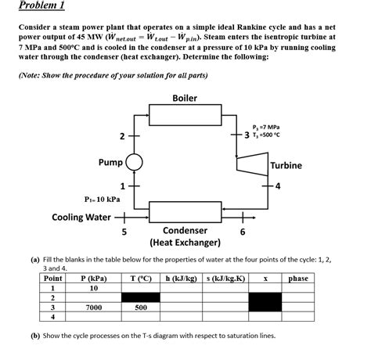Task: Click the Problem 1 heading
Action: click(41, 5)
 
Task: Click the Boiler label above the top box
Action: click(185, 98)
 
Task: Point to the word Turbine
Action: click(286, 165)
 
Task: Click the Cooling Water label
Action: click(81, 217)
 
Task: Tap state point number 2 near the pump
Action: click(122, 136)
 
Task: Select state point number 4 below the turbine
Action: click(278, 186)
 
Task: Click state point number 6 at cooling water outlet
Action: click(243, 232)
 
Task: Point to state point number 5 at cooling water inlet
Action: click(124, 232)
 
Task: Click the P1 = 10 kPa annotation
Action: click(103, 200)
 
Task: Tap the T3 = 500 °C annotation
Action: click(266, 135)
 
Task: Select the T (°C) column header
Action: click(141, 279)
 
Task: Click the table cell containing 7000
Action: click(94, 308)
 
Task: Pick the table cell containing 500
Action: click(141, 308)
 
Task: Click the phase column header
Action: click(298, 279)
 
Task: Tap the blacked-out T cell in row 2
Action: click(141, 297)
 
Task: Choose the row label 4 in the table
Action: click(52, 317)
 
